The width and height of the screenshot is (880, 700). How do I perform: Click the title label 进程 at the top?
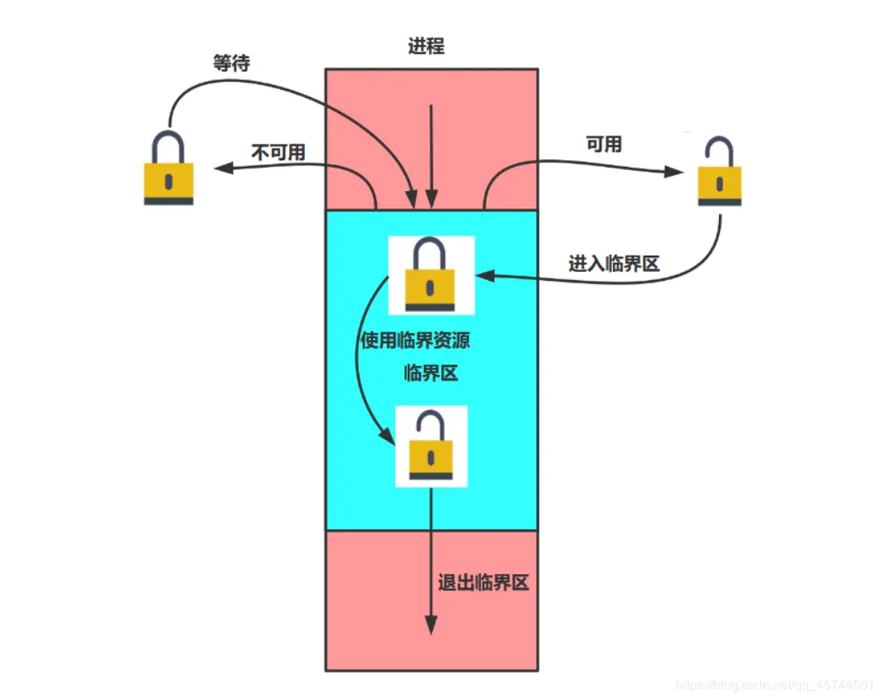click(x=426, y=47)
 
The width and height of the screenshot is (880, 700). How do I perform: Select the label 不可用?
click(x=278, y=152)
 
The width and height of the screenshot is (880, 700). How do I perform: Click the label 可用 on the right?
click(x=604, y=145)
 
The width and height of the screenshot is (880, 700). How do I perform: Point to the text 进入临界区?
click(x=614, y=264)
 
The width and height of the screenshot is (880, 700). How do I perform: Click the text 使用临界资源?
click(x=415, y=341)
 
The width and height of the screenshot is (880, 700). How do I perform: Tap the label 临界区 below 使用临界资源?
click(x=431, y=374)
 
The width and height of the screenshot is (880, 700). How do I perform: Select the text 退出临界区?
click(x=484, y=583)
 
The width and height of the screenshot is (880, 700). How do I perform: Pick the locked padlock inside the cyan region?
click(x=431, y=275)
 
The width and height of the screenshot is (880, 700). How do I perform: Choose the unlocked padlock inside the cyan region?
click(x=431, y=447)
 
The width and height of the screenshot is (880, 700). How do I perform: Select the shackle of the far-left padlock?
click(x=168, y=144)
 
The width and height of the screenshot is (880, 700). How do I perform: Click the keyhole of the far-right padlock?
click(x=719, y=183)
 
